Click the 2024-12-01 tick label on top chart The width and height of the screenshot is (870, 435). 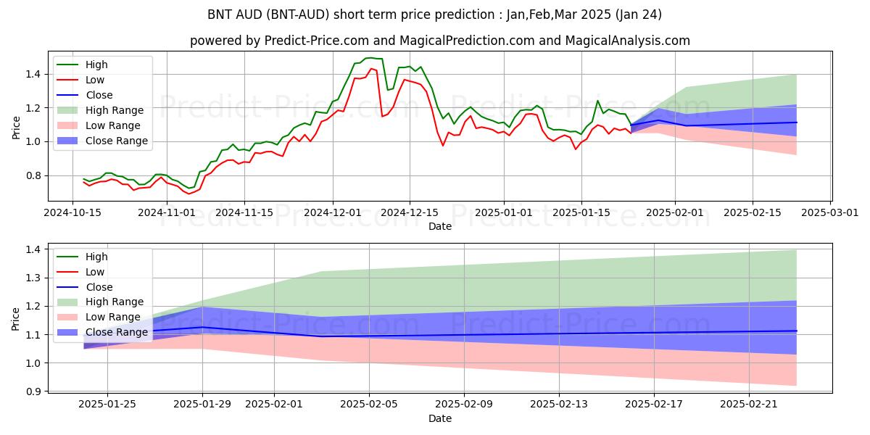333,212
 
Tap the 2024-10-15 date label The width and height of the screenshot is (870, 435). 72,212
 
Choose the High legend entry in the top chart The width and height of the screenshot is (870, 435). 96,65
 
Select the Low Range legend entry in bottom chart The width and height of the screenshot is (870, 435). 113,317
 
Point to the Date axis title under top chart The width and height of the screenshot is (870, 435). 439,226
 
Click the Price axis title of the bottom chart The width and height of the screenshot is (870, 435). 16,318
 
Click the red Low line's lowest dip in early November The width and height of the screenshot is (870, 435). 189,194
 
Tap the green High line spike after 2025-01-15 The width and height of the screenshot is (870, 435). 597,101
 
